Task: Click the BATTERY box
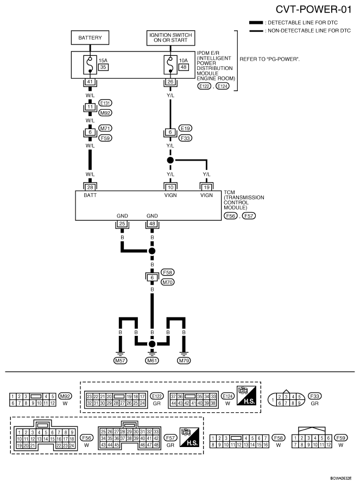pyautogui.click(x=90, y=38)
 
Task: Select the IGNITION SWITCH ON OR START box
pyautogui.click(x=170, y=38)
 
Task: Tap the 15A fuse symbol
pyautogui.click(x=90, y=65)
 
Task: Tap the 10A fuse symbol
pyautogui.click(x=170, y=65)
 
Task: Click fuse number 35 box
pyautogui.click(x=103, y=67)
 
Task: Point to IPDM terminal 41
pyautogui.click(x=90, y=82)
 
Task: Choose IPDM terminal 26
pyautogui.click(x=170, y=82)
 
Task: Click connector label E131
pyautogui.click(x=105, y=103)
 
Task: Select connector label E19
pyautogui.click(x=185, y=128)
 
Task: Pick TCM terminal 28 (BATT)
pyautogui.click(x=90, y=187)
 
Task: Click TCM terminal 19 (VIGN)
pyautogui.click(x=206, y=187)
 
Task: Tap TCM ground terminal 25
pyautogui.click(x=122, y=224)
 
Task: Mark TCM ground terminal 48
pyautogui.click(x=152, y=224)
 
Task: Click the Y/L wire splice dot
pyautogui.click(x=170, y=160)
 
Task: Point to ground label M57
pyautogui.click(x=120, y=360)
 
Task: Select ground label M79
pyautogui.click(x=184, y=360)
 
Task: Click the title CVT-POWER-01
pyautogui.click(x=313, y=10)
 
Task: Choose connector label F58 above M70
pyautogui.click(x=167, y=272)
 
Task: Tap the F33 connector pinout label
pyautogui.click(x=314, y=396)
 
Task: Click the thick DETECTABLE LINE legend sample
pyautogui.click(x=256, y=23)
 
